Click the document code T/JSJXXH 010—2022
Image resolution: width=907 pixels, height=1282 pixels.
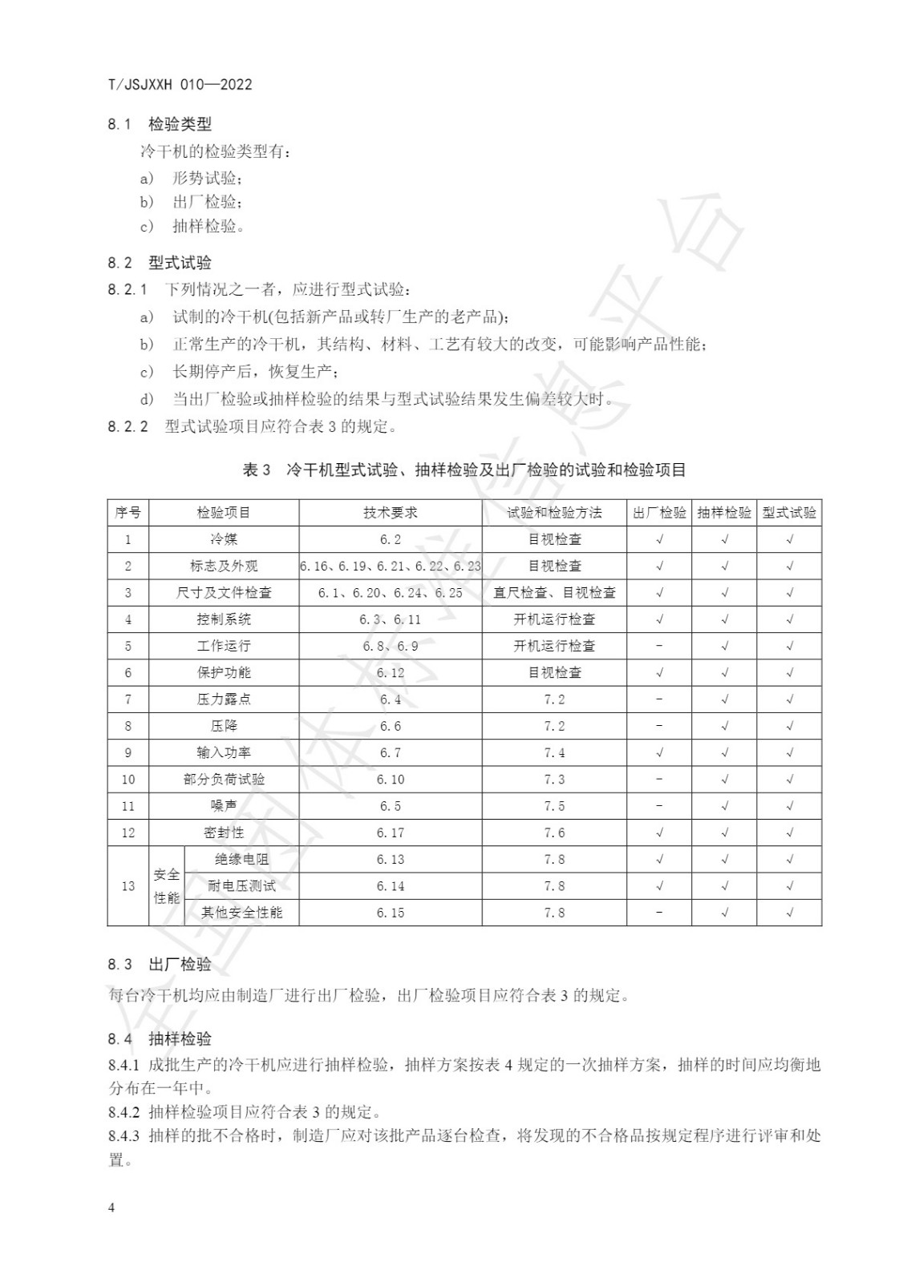(x=180, y=84)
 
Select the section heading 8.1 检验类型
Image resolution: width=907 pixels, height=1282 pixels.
(x=160, y=124)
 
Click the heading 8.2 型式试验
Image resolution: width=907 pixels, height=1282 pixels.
(x=160, y=263)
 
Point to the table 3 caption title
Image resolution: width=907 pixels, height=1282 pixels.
(x=464, y=470)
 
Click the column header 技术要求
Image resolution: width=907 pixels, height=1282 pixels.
(x=391, y=513)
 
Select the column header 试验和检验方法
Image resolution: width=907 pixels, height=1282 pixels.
(x=554, y=513)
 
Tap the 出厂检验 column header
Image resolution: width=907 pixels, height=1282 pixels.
(x=659, y=513)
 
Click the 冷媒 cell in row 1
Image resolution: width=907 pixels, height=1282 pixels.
(x=224, y=539)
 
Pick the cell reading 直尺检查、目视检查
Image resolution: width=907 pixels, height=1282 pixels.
(x=554, y=593)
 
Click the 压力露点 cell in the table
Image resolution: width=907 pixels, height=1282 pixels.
(x=224, y=699)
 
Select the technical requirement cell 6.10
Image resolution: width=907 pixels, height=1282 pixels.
(x=391, y=780)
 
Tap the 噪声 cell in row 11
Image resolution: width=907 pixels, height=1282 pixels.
(x=224, y=806)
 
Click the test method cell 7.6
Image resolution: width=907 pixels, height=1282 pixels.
(x=554, y=832)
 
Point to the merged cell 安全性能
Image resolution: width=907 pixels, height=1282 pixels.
(x=167, y=886)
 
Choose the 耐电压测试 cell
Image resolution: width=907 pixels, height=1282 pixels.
(x=241, y=886)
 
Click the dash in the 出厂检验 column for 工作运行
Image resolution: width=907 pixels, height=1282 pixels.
(x=659, y=646)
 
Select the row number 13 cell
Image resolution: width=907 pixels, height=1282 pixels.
(x=128, y=886)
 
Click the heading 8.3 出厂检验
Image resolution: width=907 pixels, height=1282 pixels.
(x=160, y=964)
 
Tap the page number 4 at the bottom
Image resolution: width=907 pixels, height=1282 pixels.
(x=111, y=1207)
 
